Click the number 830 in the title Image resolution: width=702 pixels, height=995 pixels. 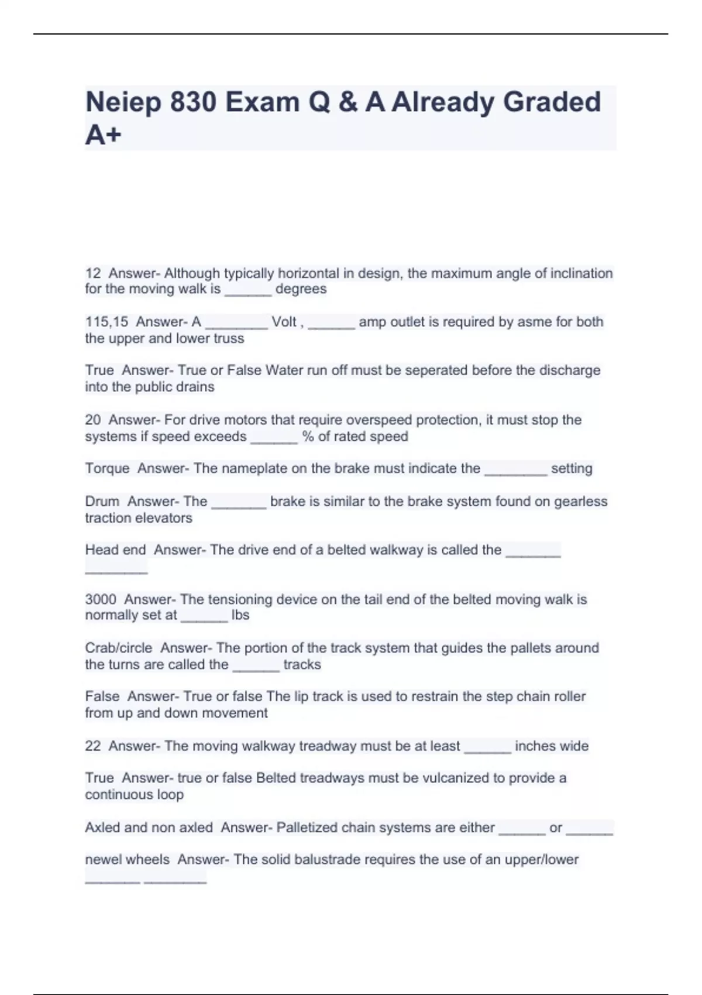pos(193,102)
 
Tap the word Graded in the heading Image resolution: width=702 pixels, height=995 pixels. pos(552,102)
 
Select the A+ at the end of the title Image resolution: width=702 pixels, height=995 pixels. pos(103,135)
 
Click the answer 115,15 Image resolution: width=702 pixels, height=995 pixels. pos(106,322)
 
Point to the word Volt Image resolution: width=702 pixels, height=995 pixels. pos(284,322)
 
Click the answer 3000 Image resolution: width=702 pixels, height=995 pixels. pos(101,599)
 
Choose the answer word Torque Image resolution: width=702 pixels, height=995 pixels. pos(107,468)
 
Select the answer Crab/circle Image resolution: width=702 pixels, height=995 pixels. pos(118,648)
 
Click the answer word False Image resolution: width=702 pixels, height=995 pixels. pos(102,696)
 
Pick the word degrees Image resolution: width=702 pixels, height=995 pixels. pos(301,289)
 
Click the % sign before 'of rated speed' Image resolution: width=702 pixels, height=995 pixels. pos(308,437)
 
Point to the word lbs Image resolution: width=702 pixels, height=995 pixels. pos(240,615)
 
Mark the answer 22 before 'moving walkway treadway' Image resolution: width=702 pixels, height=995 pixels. pos(92,746)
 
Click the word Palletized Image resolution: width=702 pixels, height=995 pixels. pos(307,828)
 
